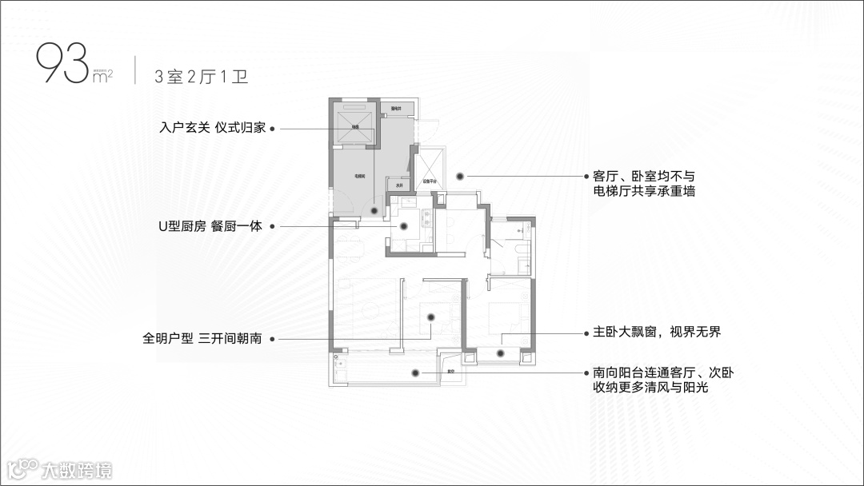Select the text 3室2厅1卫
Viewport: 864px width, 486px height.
click(x=202, y=77)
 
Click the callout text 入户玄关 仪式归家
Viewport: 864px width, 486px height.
click(x=212, y=128)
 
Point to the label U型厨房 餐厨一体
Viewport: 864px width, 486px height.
click(x=210, y=226)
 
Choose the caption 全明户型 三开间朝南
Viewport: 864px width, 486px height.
click(x=202, y=339)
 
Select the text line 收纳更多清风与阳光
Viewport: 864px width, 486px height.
click(x=650, y=388)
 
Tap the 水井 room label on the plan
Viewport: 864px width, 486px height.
click(x=399, y=185)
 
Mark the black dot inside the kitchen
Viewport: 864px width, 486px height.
click(x=404, y=226)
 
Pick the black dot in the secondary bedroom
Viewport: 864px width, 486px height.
click(x=430, y=318)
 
